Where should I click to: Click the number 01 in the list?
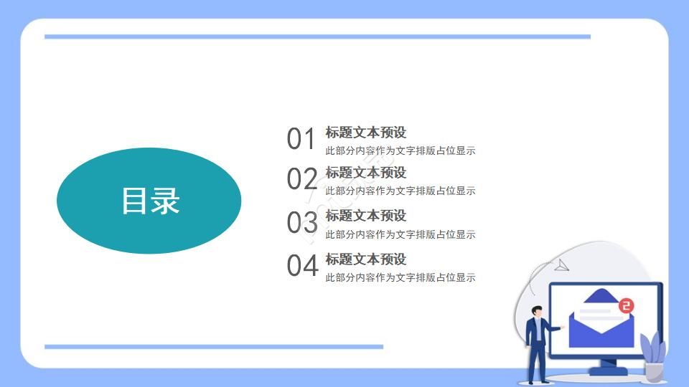pyautogui.click(x=301, y=139)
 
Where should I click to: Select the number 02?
pyautogui.click(x=301, y=179)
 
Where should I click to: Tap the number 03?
pyautogui.click(x=301, y=223)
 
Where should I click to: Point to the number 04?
pyautogui.click(x=301, y=266)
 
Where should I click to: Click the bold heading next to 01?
pyautogui.click(x=366, y=133)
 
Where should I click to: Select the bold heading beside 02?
pyautogui.click(x=366, y=173)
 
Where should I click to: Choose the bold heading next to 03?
pyautogui.click(x=366, y=216)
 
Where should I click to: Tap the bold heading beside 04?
pyautogui.click(x=366, y=259)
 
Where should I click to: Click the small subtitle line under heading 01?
pyautogui.click(x=400, y=151)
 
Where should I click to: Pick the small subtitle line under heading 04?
pyautogui.click(x=400, y=278)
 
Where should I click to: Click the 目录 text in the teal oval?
pyautogui.click(x=149, y=201)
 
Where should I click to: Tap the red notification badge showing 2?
pyautogui.click(x=627, y=306)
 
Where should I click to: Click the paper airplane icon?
pyautogui.click(x=561, y=266)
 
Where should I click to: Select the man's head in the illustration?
pyautogui.click(x=537, y=311)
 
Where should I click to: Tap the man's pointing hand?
pyautogui.click(x=562, y=326)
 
